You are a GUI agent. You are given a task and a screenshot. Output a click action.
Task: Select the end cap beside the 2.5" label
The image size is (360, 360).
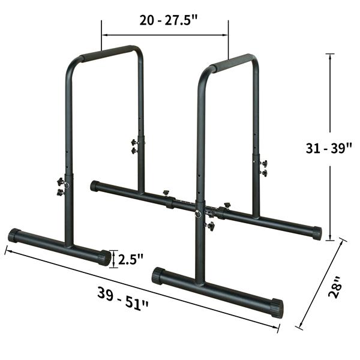(x=104, y=257)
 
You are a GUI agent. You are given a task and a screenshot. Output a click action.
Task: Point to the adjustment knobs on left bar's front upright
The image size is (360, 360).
(x=61, y=187)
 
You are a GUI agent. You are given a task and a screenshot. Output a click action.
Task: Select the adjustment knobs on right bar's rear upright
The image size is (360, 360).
(x=263, y=168)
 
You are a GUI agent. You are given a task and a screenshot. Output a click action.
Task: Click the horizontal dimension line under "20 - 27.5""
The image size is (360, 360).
(x=164, y=35)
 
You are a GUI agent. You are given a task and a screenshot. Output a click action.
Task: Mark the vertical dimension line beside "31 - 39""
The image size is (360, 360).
(x=329, y=192)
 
